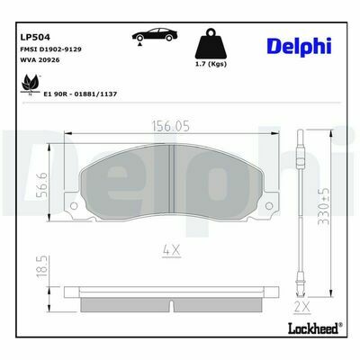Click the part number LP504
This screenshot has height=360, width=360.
tap(35, 37)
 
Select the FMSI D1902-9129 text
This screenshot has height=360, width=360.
tap(50, 49)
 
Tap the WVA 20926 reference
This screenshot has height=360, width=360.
tap(40, 60)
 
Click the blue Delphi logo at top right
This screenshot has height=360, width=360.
tap(299, 47)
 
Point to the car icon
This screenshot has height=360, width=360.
tap(155, 36)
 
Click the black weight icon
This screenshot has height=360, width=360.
tap(211, 44)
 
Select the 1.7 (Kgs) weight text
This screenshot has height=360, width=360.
tap(211, 64)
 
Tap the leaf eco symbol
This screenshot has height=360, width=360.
tap(30, 85)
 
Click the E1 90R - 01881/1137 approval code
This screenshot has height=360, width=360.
tap(80, 94)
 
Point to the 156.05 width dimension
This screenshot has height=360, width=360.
tap(171, 126)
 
